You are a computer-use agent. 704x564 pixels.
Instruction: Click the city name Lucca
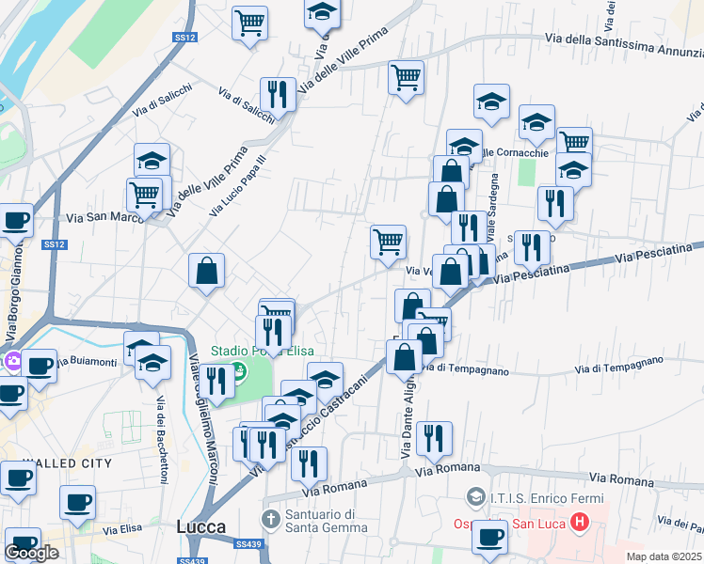pyautogui.click(x=201, y=527)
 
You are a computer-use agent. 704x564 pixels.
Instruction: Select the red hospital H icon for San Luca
pyautogui.click(x=580, y=520)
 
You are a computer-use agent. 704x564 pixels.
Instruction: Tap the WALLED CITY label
pyautogui.click(x=68, y=463)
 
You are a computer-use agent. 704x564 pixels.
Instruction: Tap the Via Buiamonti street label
pyautogui.click(x=87, y=361)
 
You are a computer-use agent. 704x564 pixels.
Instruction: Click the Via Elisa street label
pyautogui.click(x=122, y=530)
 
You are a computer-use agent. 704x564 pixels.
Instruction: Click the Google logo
pyautogui.click(x=31, y=553)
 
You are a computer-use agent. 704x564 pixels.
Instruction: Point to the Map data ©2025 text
pyautogui.click(x=664, y=556)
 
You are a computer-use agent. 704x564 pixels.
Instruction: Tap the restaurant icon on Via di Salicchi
pyautogui.click(x=278, y=94)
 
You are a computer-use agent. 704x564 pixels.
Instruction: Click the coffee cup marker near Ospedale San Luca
pyautogui.click(x=489, y=537)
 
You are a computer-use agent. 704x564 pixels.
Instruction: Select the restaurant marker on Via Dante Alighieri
pyautogui.click(x=434, y=438)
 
